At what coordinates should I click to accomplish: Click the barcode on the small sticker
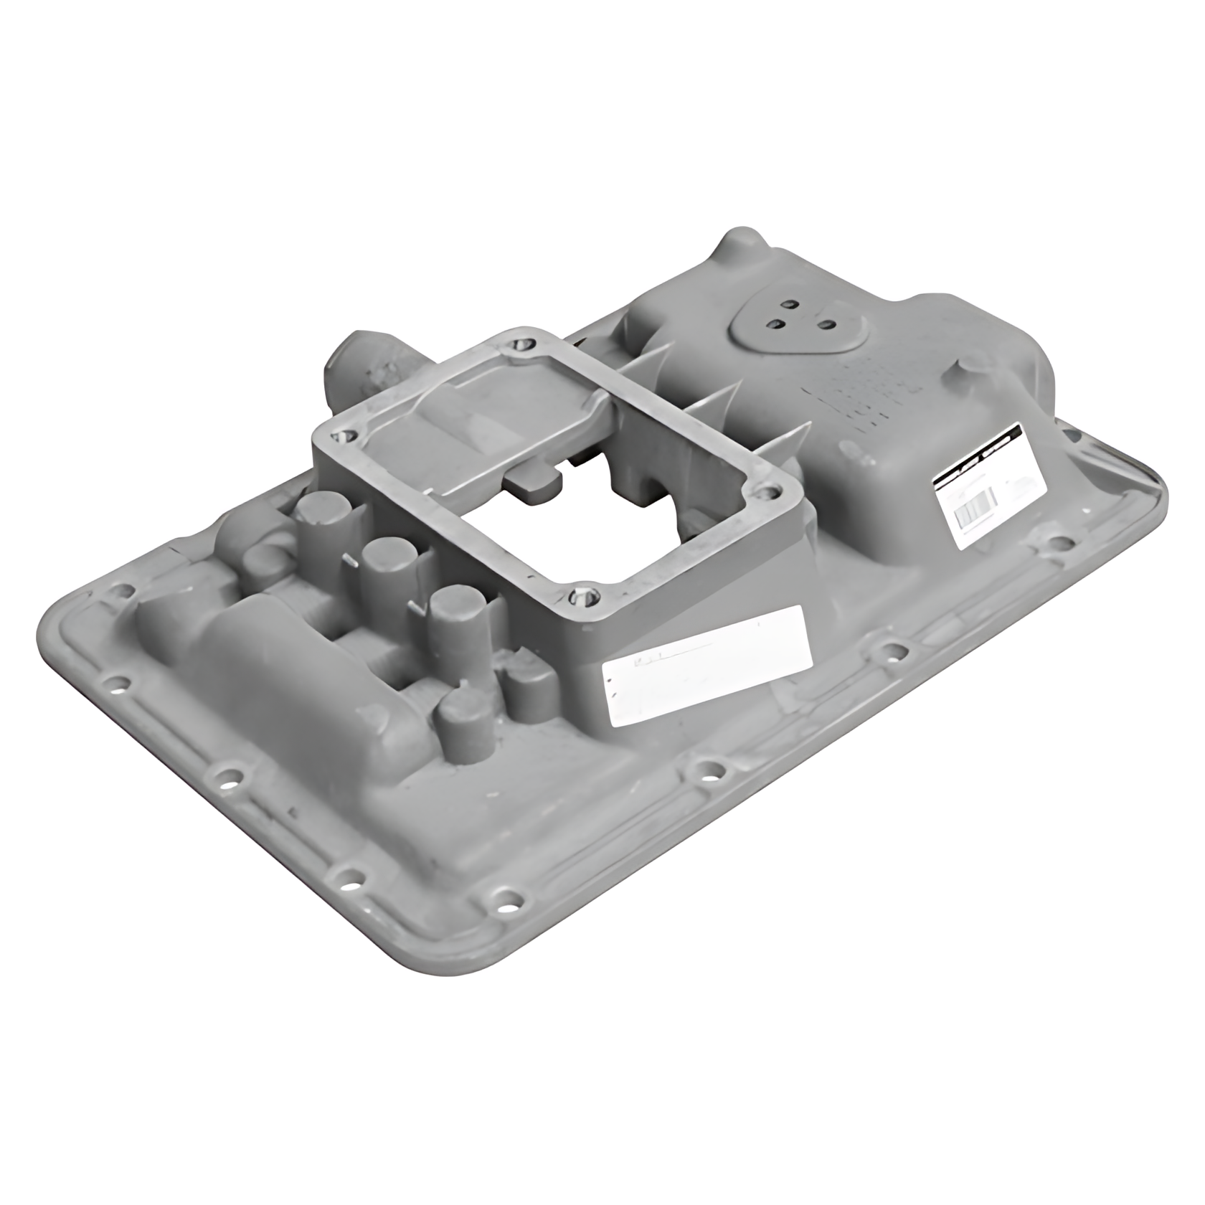pyautogui.click(x=974, y=511)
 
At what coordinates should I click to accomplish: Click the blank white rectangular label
pyautogui.click(x=707, y=653)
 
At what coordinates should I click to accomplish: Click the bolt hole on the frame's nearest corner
pyautogui.click(x=580, y=597)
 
